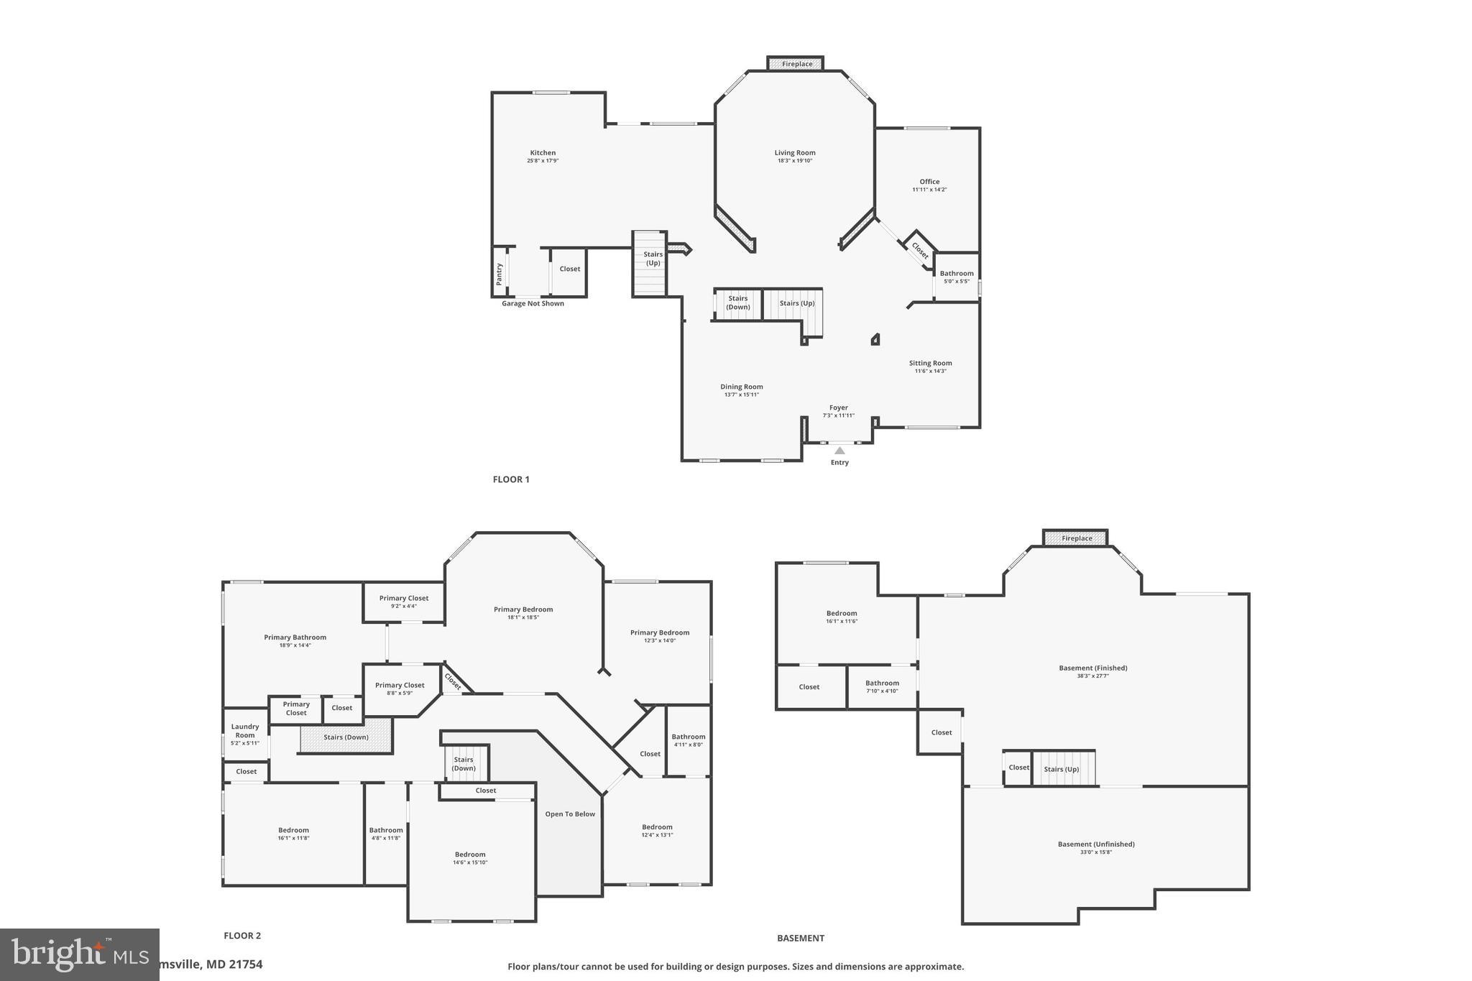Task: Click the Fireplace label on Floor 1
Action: click(796, 64)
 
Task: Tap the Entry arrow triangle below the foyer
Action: click(839, 451)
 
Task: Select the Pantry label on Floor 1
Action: click(499, 273)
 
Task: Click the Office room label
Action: click(929, 182)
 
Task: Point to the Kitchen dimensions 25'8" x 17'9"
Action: click(543, 161)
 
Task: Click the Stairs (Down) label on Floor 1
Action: click(737, 303)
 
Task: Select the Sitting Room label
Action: click(930, 363)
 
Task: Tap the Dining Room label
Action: click(742, 387)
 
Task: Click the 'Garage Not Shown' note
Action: click(533, 303)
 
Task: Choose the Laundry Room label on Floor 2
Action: click(245, 731)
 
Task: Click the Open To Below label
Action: click(570, 814)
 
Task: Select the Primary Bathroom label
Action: click(295, 637)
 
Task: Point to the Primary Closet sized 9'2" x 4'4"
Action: click(404, 602)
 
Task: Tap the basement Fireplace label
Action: click(1077, 538)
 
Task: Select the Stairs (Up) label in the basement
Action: click(1062, 769)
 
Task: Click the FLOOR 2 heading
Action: click(242, 936)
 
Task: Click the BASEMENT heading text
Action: click(800, 938)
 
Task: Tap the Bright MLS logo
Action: click(79, 954)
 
